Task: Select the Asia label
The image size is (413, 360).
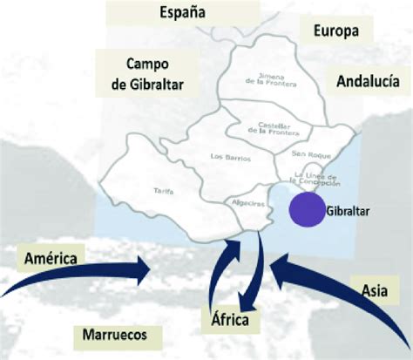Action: point(376,285)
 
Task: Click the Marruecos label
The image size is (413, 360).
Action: point(110,334)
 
